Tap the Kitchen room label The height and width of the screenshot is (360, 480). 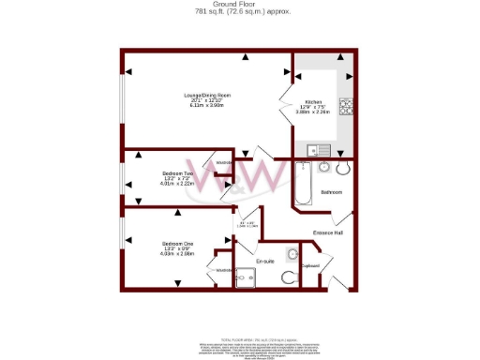click(312, 103)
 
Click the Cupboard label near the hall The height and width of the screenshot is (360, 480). click(311, 265)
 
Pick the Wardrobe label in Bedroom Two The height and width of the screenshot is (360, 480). click(224, 163)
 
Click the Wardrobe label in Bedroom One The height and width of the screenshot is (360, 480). click(224, 270)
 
